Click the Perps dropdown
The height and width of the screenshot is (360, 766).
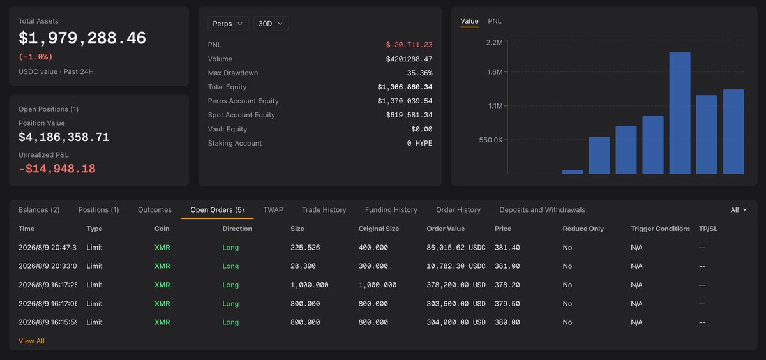[228, 24]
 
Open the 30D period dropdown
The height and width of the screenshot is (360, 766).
[271, 24]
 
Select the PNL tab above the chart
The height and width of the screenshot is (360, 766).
[495, 21]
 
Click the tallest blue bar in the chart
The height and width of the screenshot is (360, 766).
[679, 113]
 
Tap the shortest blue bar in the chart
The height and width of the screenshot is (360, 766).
[573, 172]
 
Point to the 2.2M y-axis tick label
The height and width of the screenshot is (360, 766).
[495, 42]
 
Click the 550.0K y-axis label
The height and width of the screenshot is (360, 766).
[491, 140]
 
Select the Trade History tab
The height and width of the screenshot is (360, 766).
[324, 209]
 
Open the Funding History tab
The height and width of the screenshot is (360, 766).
[391, 209]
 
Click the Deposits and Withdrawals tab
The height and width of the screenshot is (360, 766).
[542, 209]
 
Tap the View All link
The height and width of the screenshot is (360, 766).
[31, 341]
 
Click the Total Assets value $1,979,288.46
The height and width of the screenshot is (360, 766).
[82, 38]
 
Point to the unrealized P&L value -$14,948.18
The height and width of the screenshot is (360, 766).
[57, 169]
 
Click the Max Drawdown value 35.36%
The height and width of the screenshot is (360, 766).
[419, 73]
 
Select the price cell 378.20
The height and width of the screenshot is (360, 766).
[507, 285]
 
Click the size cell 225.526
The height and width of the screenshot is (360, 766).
[305, 247]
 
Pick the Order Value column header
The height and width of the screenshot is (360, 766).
[446, 229]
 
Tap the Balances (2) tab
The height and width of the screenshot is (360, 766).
[39, 209]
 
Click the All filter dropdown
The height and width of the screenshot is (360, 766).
[739, 209]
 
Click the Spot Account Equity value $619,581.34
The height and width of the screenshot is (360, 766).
[409, 115]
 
